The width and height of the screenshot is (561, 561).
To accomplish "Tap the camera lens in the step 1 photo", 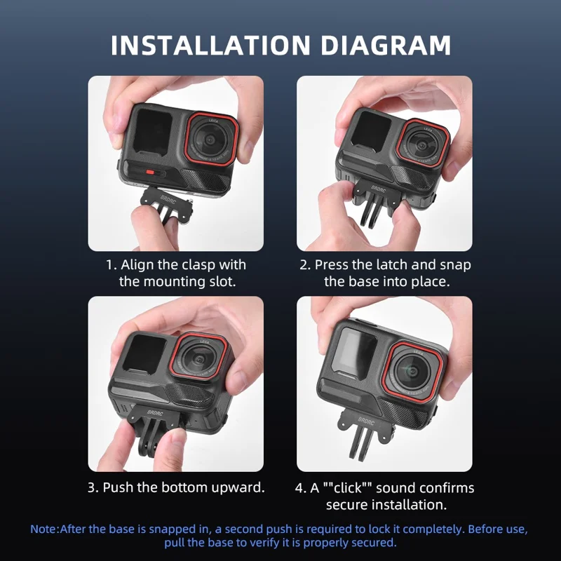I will (212, 138).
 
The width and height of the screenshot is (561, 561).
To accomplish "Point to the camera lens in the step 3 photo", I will (200, 360).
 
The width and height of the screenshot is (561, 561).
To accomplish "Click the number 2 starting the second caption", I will (304, 265).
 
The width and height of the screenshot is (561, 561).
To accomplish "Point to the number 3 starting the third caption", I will (92, 487).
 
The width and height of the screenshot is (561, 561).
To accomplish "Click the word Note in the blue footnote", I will (44, 529).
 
